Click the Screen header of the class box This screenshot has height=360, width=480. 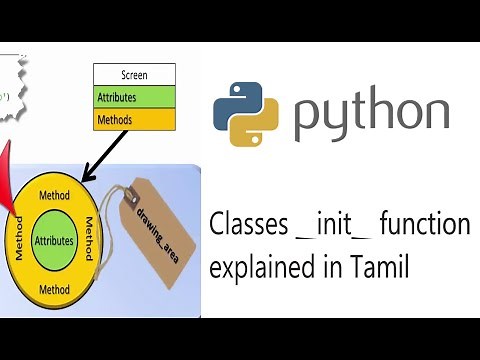point(134,73)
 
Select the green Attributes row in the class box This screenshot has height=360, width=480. point(134,98)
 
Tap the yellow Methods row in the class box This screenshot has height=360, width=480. point(134,120)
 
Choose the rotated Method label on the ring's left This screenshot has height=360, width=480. point(18,241)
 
